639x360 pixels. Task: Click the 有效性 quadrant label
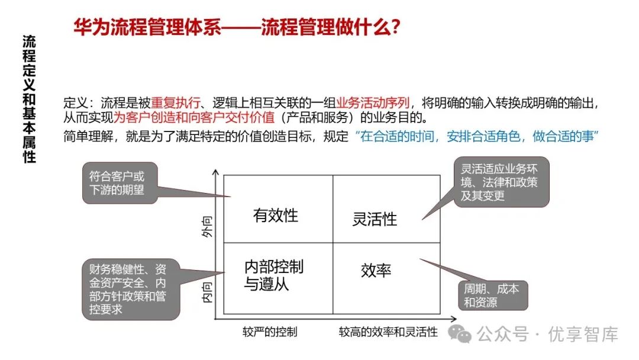coord(275,216)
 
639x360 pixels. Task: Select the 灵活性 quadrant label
coord(375,220)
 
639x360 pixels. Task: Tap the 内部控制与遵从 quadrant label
coord(273,275)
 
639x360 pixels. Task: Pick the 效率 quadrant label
coord(376,271)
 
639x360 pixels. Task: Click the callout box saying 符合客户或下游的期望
coord(120,183)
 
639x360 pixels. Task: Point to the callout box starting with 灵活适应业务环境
coord(501,182)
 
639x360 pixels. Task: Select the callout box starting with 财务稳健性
coord(128,288)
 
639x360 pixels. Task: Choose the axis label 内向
coord(207,292)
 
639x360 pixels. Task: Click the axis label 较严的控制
coord(269,332)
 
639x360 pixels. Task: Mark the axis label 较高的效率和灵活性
coord(388,332)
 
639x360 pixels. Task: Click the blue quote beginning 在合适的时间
coord(478,137)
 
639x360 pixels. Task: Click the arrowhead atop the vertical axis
coord(217,172)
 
